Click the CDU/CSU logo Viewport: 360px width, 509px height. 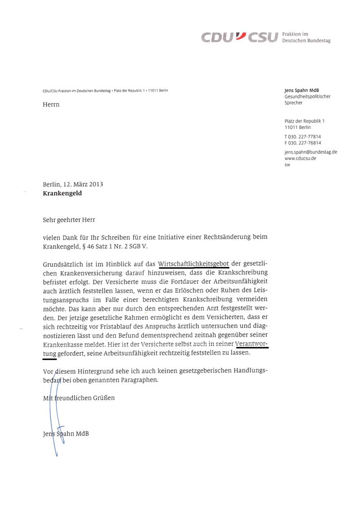tap(238, 37)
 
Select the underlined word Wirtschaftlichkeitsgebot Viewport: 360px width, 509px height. tap(193, 263)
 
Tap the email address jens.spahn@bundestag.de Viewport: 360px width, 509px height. tap(311, 152)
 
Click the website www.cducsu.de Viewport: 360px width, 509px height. tap(300, 158)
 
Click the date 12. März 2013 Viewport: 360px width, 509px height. tap(83, 184)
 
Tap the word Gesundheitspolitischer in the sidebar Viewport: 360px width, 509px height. tap(308, 97)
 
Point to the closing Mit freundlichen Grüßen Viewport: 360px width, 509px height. tap(79, 398)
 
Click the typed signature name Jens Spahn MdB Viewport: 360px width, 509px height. tap(63, 434)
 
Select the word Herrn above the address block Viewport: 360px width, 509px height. tap(51, 105)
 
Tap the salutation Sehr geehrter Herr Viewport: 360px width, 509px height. tap(69, 220)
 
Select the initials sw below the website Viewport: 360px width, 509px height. tap(288, 165)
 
